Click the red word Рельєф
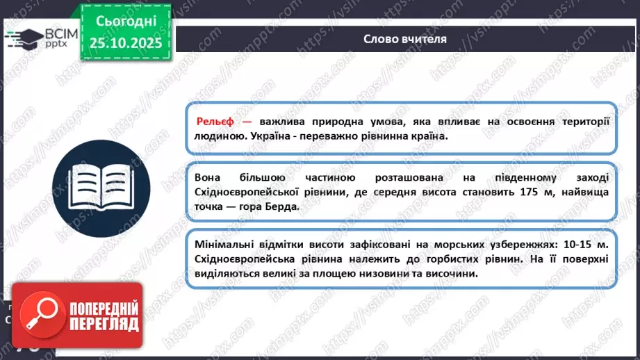(216, 120)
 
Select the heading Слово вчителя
(405, 38)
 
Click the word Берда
(279, 208)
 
